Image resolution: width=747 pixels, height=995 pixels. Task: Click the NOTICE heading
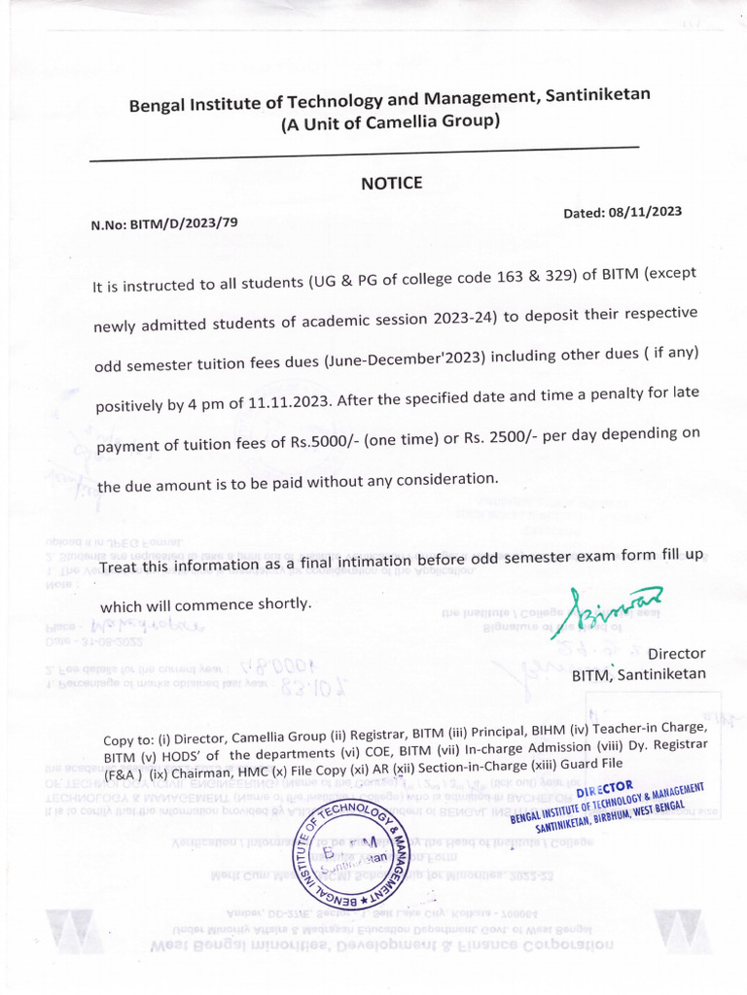(x=392, y=183)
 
